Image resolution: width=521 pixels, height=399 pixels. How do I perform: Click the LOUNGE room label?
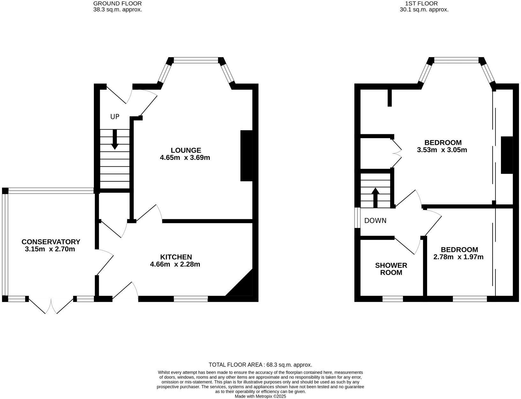(x=186, y=150)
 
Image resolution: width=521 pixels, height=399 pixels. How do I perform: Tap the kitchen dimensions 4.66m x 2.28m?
(x=175, y=264)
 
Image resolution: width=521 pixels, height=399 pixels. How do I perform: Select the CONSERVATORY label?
(x=51, y=242)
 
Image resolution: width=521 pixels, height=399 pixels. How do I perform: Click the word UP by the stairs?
(x=115, y=117)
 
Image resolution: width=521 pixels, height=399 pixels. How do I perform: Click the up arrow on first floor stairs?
(x=375, y=198)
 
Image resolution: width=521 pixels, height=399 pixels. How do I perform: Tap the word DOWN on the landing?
(x=375, y=221)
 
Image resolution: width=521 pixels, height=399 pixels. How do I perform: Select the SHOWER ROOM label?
(x=391, y=269)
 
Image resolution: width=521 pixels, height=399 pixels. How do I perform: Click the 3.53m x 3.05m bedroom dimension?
(x=442, y=150)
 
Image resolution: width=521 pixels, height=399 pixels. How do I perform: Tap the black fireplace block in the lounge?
(x=246, y=156)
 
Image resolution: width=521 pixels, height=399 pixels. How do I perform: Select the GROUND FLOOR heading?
(x=117, y=4)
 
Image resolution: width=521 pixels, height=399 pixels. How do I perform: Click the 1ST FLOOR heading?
(x=421, y=4)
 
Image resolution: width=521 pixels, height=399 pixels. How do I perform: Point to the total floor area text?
(x=260, y=365)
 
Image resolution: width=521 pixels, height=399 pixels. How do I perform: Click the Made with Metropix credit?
(x=260, y=396)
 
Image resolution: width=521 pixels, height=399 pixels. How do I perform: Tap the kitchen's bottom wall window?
(x=191, y=299)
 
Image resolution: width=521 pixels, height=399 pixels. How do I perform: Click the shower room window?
(x=393, y=299)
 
